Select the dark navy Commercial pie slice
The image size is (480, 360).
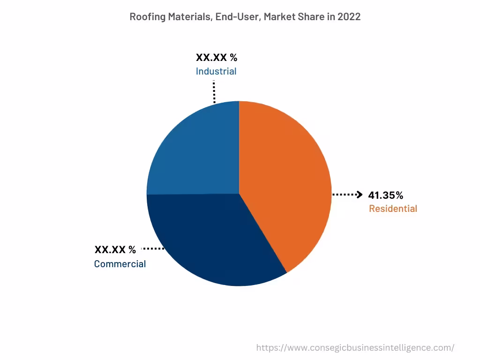pyautogui.click(x=211, y=239)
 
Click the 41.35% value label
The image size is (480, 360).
pyautogui.click(x=385, y=195)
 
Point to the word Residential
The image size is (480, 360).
pyautogui.click(x=393, y=209)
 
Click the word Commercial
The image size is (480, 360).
pyautogui.click(x=120, y=264)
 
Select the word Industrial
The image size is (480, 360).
pyautogui.click(x=216, y=71)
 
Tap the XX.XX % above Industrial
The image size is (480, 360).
pyautogui.click(x=217, y=58)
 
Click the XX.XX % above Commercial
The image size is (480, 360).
pyautogui.click(x=115, y=249)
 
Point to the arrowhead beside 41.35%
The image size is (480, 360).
pyautogui.click(x=360, y=195)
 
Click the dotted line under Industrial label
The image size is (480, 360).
pyautogui.click(x=214, y=91)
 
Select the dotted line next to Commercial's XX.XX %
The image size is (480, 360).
pyautogui.click(x=153, y=248)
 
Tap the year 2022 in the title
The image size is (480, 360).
pyautogui.click(x=349, y=17)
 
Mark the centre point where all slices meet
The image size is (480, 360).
pyautogui.click(x=239, y=194)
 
